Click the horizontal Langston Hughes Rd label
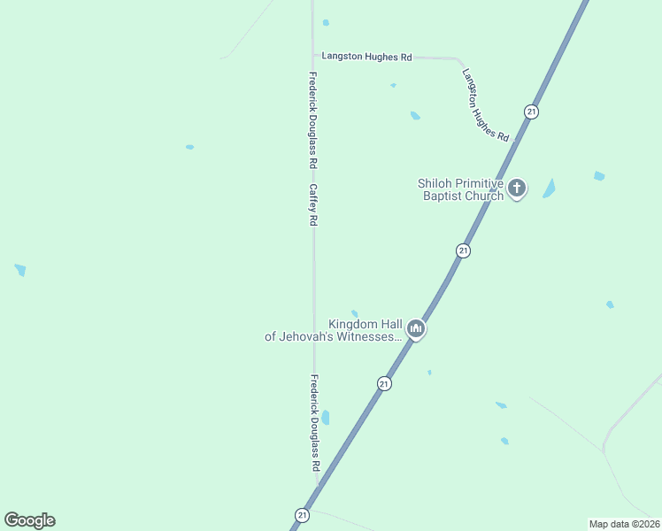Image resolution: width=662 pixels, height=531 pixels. (366, 56)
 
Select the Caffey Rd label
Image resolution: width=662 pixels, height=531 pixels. (312, 204)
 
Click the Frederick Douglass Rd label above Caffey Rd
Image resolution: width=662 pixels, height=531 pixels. (312, 120)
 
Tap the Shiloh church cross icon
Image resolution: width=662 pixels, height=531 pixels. (517, 189)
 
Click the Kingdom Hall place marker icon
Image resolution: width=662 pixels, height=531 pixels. (416, 330)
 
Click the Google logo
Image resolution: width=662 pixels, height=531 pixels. (29, 520)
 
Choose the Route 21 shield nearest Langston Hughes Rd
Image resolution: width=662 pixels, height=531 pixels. (531, 112)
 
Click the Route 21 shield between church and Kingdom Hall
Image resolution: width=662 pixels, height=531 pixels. (463, 251)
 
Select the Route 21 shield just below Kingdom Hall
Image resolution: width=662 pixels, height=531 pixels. (384, 383)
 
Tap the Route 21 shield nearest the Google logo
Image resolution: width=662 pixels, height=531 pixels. (303, 514)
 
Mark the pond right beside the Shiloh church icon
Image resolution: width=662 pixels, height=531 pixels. (550, 189)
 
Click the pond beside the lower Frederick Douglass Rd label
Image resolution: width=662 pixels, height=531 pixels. (326, 417)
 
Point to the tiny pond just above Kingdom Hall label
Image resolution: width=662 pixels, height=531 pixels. (354, 312)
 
